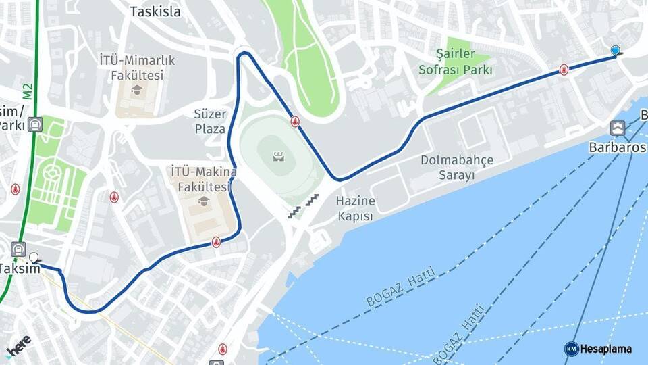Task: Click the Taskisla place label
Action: pos(155,11)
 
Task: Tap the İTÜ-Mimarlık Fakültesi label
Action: pos(137,68)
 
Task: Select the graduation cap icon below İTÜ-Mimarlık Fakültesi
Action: pos(137,90)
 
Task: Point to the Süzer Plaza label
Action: pos(210,121)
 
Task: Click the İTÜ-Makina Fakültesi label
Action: pos(203,178)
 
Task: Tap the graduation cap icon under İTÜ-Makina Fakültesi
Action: pos(203,201)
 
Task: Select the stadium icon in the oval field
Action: pos(278,157)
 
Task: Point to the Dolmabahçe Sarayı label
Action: pos(457,168)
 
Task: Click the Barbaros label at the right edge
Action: pos(618,146)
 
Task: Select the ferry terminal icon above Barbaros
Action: pos(617,127)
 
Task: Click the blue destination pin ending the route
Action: pos(615,51)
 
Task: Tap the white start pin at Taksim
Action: pos(34,258)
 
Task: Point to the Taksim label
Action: pos(19,268)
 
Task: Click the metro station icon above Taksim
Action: pos(18,249)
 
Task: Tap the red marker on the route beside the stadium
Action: pos(295,122)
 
